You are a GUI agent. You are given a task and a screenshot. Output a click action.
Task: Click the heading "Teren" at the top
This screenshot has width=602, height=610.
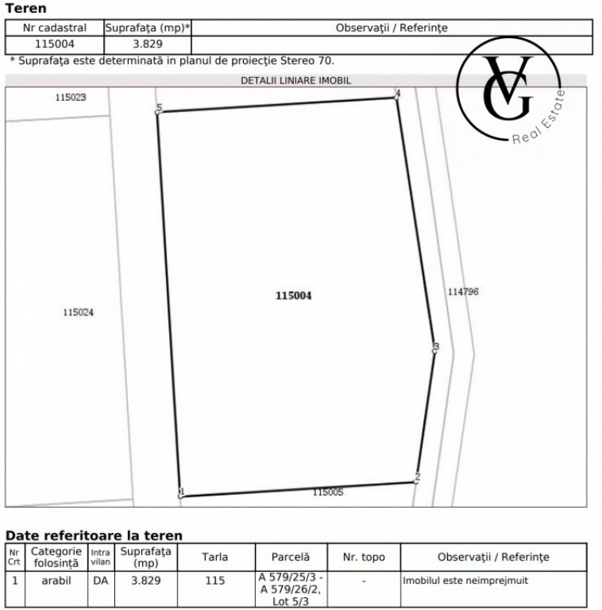tap(25, 9)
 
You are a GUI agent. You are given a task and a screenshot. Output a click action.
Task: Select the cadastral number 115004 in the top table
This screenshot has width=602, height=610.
tap(54, 44)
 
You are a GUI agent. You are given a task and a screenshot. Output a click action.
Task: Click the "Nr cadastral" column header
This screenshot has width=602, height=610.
tap(54, 28)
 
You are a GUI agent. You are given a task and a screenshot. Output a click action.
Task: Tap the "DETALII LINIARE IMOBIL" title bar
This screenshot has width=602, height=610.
tap(295, 80)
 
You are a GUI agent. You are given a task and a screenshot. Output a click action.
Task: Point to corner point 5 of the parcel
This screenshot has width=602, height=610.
tap(159, 109)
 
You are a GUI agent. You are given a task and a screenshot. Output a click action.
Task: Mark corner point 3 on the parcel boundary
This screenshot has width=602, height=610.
tap(435, 348)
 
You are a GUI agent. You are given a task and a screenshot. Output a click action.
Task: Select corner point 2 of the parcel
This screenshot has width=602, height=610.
tap(417, 478)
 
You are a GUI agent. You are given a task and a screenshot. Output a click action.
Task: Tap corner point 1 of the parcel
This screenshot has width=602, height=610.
tap(182, 493)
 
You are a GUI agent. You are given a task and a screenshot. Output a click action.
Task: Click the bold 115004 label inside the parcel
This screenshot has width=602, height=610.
tap(293, 295)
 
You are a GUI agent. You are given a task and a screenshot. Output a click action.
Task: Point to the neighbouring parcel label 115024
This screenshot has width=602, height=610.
tap(78, 312)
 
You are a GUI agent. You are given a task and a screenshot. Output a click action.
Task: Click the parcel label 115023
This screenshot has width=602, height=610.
tap(71, 97)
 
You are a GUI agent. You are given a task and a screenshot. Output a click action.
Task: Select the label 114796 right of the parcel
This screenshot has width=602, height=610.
tap(463, 291)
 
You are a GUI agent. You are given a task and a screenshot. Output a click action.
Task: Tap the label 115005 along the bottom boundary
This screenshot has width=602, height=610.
tap(327, 492)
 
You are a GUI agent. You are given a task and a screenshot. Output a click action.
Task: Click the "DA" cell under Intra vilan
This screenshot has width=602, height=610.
tap(100, 581)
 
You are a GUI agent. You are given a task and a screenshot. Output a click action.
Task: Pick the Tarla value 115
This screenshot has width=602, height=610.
tap(215, 581)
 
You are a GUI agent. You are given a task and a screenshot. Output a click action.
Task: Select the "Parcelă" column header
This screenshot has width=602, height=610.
tap(291, 558)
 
